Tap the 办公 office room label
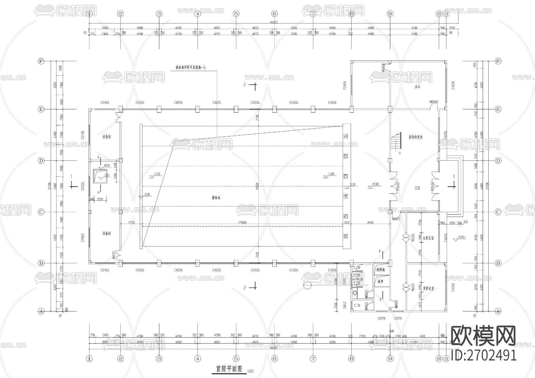coord(418,87)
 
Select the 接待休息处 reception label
coord(416,137)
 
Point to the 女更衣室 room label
coord(428,238)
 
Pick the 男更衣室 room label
coord(428,288)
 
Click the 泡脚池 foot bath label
coord(380,270)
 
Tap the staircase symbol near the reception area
coord(396,141)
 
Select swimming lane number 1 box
coord(346,136)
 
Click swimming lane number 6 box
coord(346,236)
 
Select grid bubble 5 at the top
coord(236,14)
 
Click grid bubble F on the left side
coord(41,61)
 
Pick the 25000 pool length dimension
coord(243,223)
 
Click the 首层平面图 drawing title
coord(229,369)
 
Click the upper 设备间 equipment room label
coord(106,137)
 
